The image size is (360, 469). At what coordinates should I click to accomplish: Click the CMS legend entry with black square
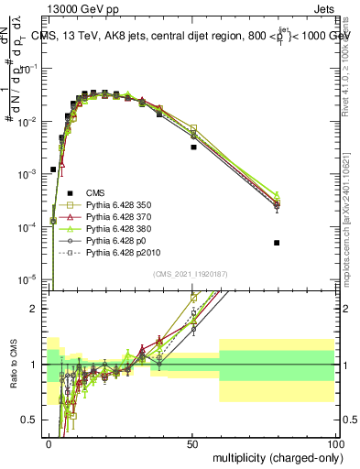pos(97,192)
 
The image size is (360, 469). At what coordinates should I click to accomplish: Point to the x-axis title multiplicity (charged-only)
pos(275,455)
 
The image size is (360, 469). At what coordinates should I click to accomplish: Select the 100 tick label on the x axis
pos(336,442)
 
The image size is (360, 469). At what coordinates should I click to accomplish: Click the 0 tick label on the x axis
pos(49,442)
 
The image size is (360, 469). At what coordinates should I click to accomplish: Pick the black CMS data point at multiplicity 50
pos(193,147)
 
